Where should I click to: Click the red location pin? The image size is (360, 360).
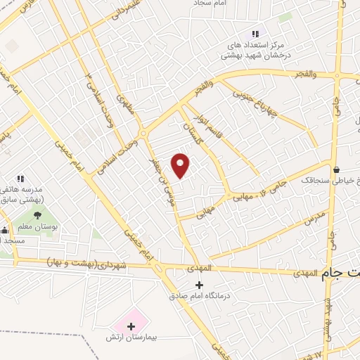(181, 165)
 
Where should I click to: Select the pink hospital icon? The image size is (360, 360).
(131, 326)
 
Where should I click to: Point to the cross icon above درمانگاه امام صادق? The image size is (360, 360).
(199, 285)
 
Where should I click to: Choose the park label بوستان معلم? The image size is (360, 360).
(37, 228)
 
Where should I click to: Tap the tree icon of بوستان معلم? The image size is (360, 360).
(37, 216)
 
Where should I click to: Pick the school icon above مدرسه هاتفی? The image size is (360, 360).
(21, 179)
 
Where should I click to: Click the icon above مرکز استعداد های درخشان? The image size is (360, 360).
(255, 34)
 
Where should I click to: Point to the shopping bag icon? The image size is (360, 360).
(337, 169)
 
